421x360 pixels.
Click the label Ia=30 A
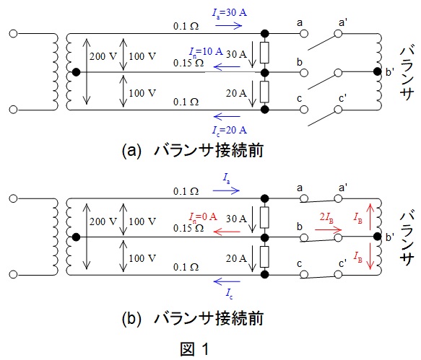(230, 13)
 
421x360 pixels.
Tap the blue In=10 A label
(206, 52)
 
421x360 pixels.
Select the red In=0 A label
(203, 217)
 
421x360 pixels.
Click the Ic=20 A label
(230, 131)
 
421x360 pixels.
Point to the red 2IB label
(326, 217)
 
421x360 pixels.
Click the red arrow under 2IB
(328, 229)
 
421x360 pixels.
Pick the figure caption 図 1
(194, 349)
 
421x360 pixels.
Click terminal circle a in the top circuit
(304, 34)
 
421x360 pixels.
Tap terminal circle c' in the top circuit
(338, 110)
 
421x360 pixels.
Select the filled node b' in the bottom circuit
(377, 237)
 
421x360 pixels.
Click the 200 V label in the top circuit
(103, 56)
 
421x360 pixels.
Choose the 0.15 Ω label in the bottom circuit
(188, 228)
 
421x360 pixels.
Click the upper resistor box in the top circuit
(264, 53)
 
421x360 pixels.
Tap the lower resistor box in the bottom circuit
(264, 257)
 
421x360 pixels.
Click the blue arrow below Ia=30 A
(228, 26)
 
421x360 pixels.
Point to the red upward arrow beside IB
(370, 216)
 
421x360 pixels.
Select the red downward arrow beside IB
(370, 256)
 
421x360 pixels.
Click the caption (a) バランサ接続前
(192, 151)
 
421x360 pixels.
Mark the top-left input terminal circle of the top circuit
(13, 34)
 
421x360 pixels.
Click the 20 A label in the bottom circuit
(236, 258)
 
